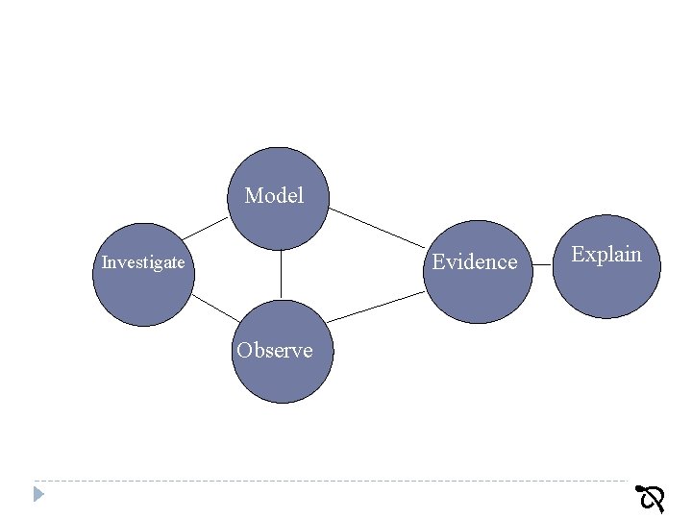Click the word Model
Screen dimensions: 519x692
[x=274, y=196]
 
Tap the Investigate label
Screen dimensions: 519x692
[x=143, y=262]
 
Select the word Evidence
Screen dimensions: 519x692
[x=475, y=261]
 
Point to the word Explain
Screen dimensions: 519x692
[x=606, y=255]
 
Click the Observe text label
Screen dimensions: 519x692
[x=275, y=350]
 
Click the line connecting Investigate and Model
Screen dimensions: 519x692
[x=206, y=227]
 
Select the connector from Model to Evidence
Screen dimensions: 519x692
[x=377, y=226]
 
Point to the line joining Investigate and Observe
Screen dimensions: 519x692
[x=215, y=308]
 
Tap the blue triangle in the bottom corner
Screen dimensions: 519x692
[x=38, y=494]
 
